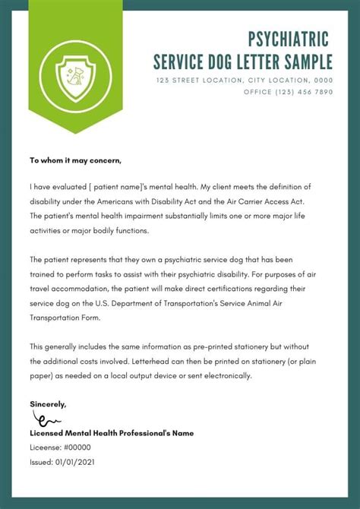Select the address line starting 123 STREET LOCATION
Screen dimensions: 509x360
coord(244,80)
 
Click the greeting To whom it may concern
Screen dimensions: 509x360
coord(75,160)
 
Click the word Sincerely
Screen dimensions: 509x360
coord(48,403)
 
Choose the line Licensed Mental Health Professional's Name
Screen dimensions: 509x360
coord(112,433)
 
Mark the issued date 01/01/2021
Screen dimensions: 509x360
coord(74,461)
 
